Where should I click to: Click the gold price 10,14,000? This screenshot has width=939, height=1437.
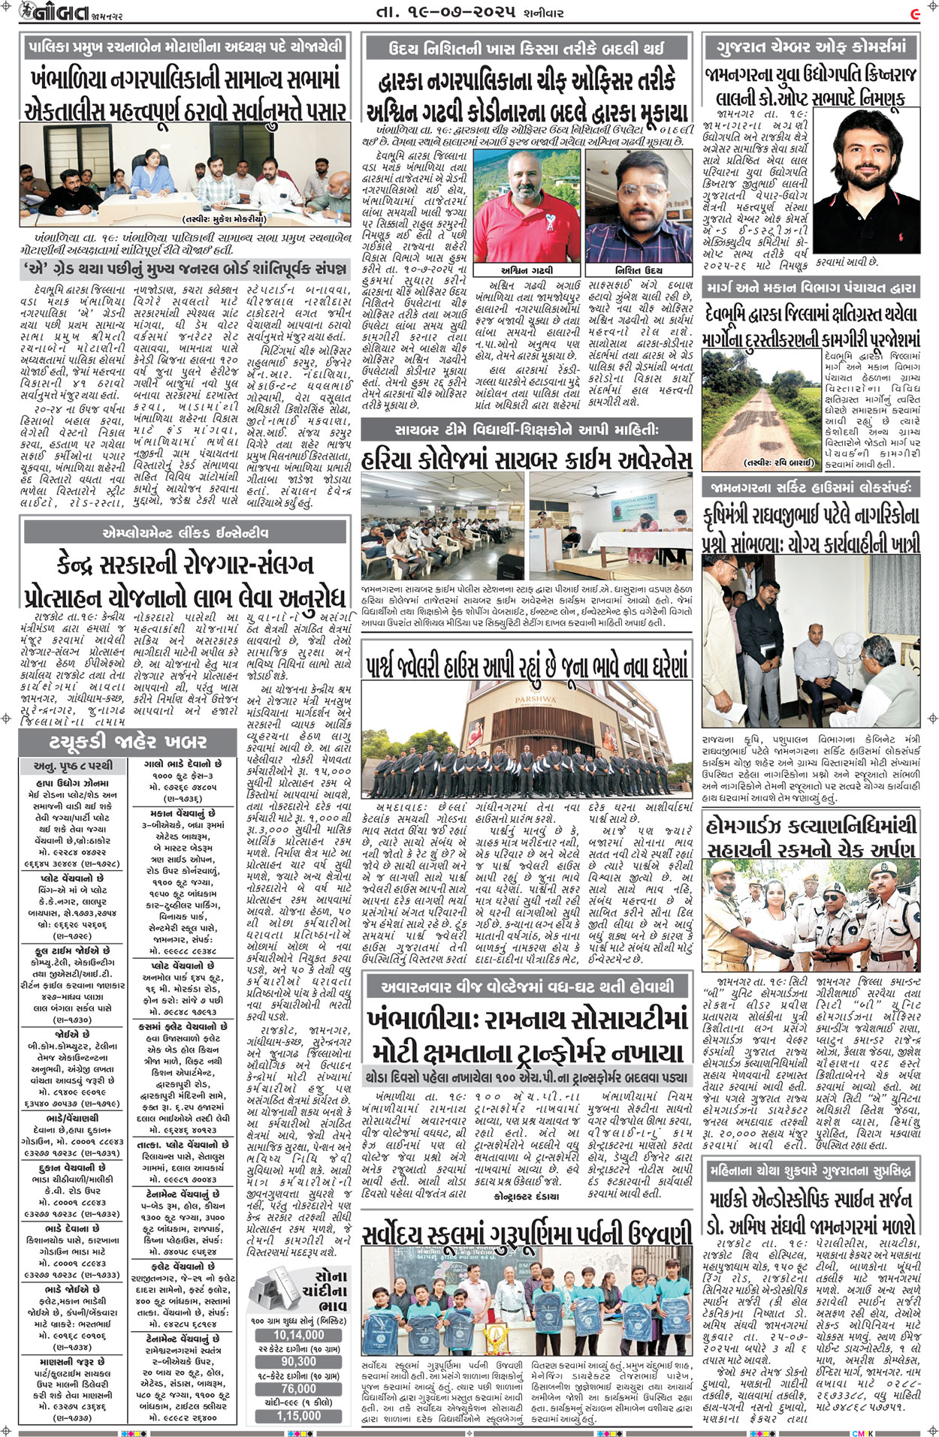(x=299, y=1335)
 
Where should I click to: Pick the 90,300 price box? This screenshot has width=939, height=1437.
(x=299, y=1361)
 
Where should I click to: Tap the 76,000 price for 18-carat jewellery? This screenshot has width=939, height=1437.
(x=299, y=1388)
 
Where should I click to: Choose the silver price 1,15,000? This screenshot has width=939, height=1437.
(x=299, y=1415)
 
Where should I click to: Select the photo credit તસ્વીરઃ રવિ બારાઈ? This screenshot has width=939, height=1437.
(x=777, y=462)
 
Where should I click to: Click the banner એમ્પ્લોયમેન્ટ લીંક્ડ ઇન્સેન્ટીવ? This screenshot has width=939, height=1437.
(x=186, y=533)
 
